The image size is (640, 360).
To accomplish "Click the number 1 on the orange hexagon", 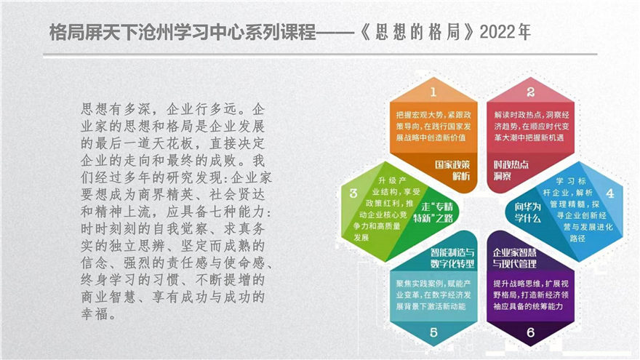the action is (433, 92).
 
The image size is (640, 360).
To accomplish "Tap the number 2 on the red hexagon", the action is (530, 92).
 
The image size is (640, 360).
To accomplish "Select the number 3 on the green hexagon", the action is (353, 193).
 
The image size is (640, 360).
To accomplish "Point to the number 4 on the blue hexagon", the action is (609, 193).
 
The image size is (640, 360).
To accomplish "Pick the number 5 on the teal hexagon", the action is (433, 332).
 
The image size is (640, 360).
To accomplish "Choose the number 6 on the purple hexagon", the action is (530, 332).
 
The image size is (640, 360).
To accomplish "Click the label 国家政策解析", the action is (452, 170).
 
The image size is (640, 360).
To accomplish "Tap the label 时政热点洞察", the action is (511, 170).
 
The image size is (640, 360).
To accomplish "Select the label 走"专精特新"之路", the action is (433, 212).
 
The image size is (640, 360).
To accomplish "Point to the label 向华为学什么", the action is (527, 212).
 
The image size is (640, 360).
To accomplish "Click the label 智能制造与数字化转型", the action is (452, 258).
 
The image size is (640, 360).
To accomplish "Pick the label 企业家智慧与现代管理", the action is (515, 258).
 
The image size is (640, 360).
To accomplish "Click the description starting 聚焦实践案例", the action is (433, 295).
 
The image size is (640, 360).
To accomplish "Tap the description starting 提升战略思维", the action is (531, 295).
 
